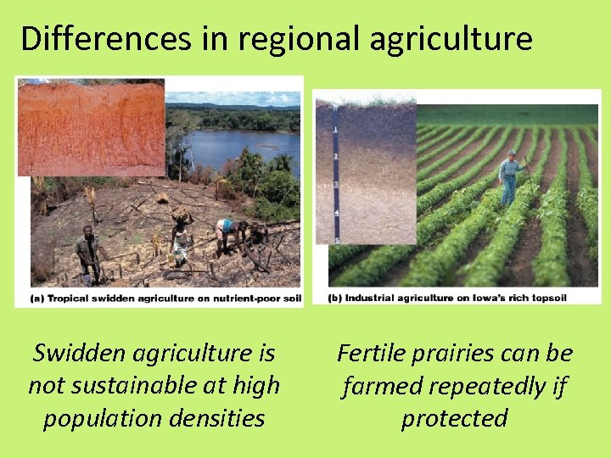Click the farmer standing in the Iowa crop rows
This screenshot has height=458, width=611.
(509, 178)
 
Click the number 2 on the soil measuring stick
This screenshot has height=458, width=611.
(337, 158)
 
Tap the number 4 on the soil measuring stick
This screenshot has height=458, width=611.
(337, 211)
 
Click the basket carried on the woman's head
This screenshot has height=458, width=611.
(182, 214)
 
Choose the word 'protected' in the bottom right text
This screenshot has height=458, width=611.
(454, 418)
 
